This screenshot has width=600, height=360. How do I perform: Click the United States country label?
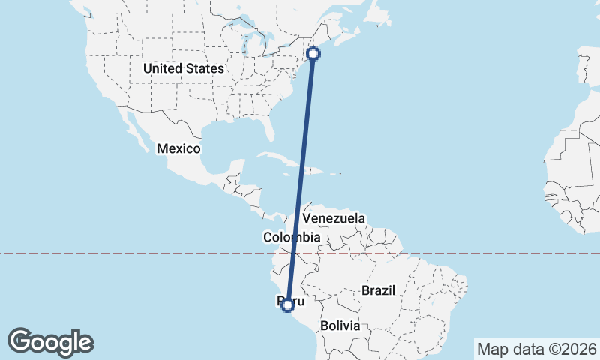[x=184, y=68]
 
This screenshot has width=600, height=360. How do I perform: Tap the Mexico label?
[x=178, y=148]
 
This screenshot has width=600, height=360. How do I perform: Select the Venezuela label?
[x=334, y=218]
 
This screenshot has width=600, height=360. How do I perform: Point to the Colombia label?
[x=292, y=237]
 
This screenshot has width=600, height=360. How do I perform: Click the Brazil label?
[x=378, y=289]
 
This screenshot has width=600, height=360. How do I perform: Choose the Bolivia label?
[x=340, y=325]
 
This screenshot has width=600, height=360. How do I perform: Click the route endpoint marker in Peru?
[x=286, y=304]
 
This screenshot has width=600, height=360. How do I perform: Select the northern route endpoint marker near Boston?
[x=313, y=53]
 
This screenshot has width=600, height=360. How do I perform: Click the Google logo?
[x=50, y=342]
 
